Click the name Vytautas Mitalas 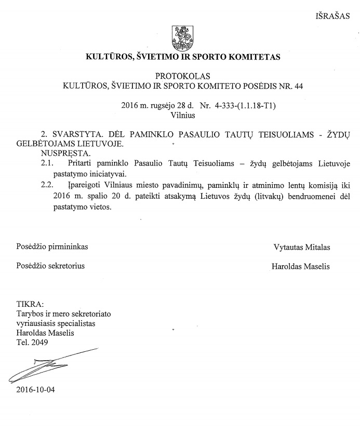tap(301, 247)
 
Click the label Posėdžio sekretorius tap(50, 267)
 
